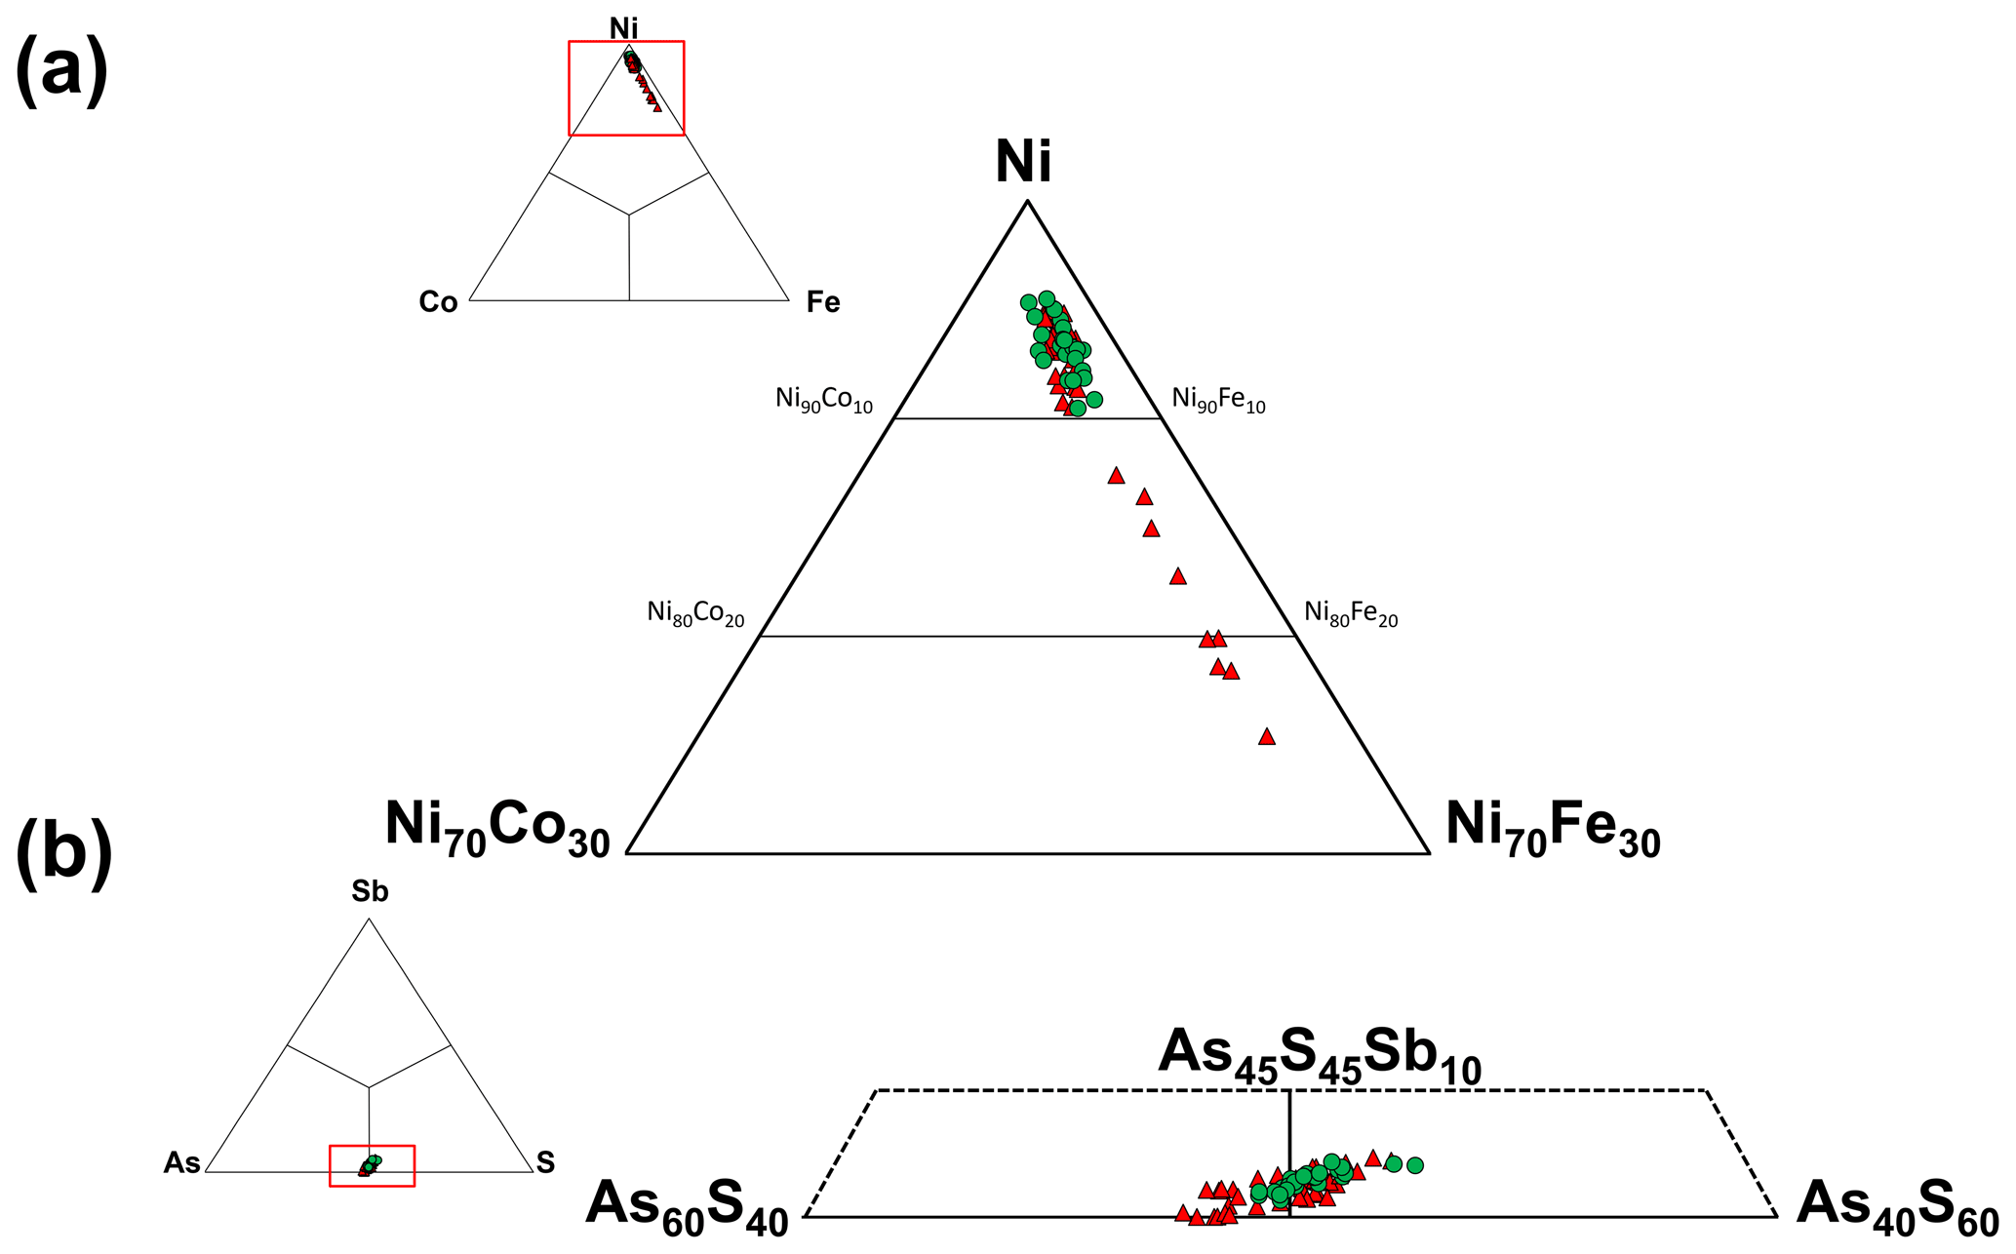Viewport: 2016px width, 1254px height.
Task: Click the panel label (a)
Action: tap(60, 71)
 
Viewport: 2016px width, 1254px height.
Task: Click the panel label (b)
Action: tap(64, 856)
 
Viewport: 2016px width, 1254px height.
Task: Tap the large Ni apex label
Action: tap(1023, 162)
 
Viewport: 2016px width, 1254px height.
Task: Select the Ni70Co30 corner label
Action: tap(497, 827)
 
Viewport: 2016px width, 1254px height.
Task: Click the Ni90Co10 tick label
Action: tap(824, 400)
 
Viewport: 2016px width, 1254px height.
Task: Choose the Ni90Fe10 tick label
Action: tap(1218, 400)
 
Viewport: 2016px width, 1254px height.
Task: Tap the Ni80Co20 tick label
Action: tap(695, 613)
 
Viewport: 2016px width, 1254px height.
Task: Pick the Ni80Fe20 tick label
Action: tap(1351, 613)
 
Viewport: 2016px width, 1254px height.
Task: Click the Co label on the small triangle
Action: tap(438, 303)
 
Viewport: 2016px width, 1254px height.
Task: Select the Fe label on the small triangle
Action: tap(823, 303)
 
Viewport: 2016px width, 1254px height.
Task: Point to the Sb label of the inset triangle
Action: tap(370, 891)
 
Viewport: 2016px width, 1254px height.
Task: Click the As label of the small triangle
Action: tap(182, 1162)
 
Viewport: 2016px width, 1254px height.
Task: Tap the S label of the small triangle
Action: tap(545, 1162)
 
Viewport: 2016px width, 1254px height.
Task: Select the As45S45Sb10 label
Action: tap(1319, 1056)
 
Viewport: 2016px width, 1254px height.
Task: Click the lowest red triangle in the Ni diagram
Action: tap(1267, 737)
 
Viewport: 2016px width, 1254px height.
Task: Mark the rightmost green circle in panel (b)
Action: tap(1415, 1165)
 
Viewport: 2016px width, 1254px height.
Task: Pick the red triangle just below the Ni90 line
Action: tap(1116, 476)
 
